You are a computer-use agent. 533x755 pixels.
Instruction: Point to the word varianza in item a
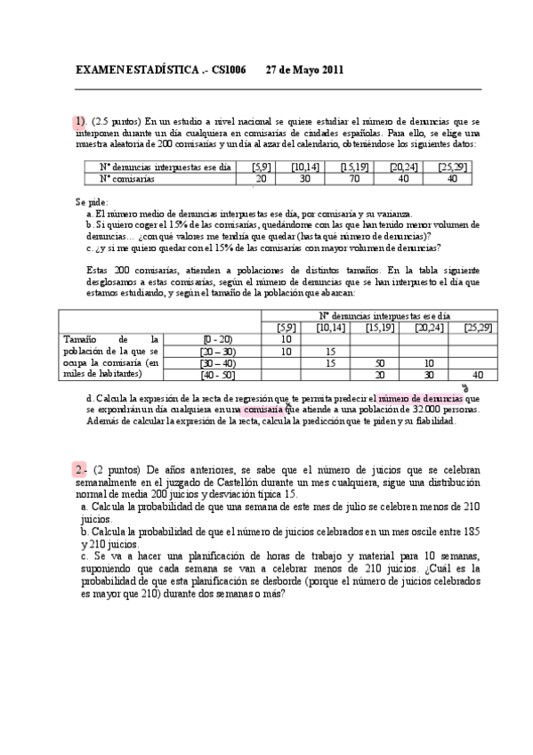tap(392, 214)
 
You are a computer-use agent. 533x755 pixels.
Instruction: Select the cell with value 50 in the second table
tap(380, 363)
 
